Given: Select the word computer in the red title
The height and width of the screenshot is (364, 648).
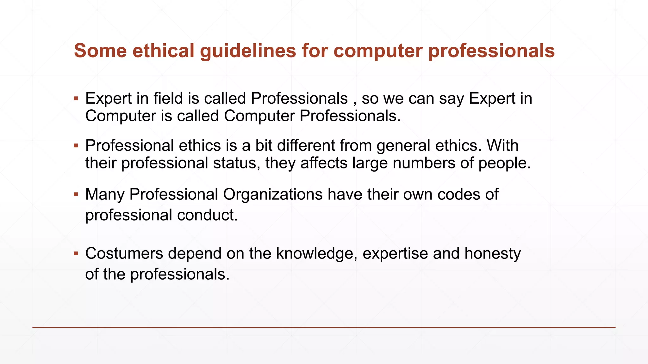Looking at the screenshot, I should click(x=378, y=51).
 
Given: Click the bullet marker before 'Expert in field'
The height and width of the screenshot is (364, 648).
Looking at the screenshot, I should click(x=76, y=99).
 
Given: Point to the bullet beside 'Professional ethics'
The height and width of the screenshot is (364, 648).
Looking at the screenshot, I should click(x=76, y=146).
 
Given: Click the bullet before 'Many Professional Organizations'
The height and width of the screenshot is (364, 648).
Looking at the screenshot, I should click(x=76, y=194).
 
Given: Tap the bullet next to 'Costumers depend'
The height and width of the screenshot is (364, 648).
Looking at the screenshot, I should click(x=76, y=253).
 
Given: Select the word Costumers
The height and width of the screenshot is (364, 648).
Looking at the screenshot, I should click(x=124, y=253).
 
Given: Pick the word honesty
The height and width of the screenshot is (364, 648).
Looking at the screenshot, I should click(x=492, y=253).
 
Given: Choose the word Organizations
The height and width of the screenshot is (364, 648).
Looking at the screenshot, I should click(x=273, y=194).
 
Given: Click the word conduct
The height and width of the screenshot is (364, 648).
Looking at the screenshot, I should click(x=207, y=215).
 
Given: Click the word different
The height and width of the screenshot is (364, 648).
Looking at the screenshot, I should click(x=306, y=146).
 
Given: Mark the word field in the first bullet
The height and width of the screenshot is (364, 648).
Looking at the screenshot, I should click(x=168, y=99).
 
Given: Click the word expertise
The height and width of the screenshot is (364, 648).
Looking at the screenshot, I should click(x=395, y=253).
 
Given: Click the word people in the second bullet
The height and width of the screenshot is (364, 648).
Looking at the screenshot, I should click(x=504, y=163).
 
